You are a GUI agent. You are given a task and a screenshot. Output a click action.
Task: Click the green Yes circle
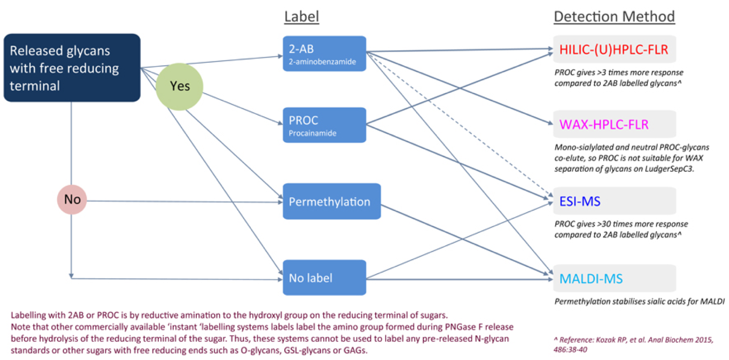coord(179,86)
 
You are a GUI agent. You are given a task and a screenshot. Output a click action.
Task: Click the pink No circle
coord(72,199)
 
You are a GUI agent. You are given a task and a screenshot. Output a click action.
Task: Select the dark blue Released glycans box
coord(72,68)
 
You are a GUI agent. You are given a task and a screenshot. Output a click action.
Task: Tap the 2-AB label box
coord(325,54)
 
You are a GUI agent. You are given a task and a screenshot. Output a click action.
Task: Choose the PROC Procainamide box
coord(325,125)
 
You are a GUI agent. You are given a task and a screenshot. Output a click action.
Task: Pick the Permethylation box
coord(332,201)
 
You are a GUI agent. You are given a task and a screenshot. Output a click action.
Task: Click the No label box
coord(325,277)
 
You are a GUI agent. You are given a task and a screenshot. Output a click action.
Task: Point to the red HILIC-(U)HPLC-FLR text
coord(614,49)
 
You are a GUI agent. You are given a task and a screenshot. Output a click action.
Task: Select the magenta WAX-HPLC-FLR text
coord(604,124)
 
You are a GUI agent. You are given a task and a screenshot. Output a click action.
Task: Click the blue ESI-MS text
coord(580,201)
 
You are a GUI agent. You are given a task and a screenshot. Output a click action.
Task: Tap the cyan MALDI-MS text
coord(591,279)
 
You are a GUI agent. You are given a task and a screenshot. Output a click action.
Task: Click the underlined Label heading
coord(302,16)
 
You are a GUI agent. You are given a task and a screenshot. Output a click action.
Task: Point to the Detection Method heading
coord(614,16)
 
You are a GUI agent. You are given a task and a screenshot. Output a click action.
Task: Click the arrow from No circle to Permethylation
coord(185,202)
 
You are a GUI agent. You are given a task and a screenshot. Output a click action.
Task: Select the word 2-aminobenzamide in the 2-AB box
coord(322,62)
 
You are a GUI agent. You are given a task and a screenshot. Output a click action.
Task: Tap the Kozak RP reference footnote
coord(633,344)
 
